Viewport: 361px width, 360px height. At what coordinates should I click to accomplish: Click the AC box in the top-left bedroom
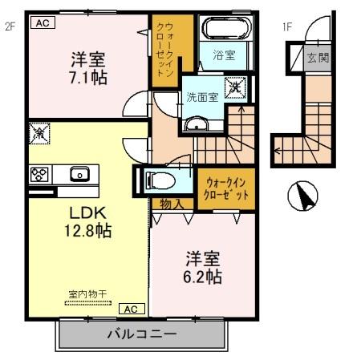coord(43,23)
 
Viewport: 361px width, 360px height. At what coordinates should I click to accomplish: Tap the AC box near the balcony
coord(131,308)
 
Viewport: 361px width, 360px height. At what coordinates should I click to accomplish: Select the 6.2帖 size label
coord(204,277)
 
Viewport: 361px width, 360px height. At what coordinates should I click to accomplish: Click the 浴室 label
coord(224,55)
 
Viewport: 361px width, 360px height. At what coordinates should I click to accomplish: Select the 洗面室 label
coord(202,97)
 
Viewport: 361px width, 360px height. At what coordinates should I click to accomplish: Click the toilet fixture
coord(164,180)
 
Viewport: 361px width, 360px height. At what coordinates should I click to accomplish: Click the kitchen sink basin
coord(79,174)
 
